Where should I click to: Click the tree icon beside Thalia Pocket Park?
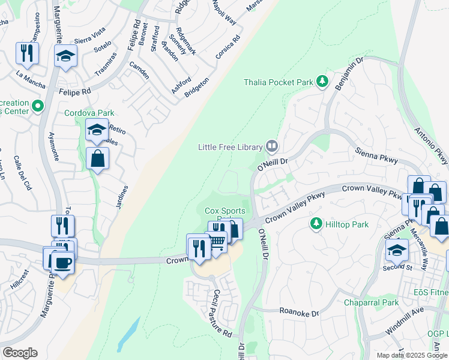tap(323, 81)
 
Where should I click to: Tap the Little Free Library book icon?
tap(272, 146)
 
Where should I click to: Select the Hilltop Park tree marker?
tap(316, 224)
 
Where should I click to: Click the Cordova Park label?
tap(89, 113)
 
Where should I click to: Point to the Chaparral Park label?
tap(371, 303)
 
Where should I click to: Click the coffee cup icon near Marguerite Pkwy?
tap(62, 262)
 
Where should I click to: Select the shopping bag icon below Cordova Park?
tap(97, 160)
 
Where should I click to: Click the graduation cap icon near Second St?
tap(397, 250)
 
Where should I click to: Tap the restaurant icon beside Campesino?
tap(26, 53)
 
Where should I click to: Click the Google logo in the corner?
tap(20, 353)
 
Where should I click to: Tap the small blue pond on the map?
tap(128, 337)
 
